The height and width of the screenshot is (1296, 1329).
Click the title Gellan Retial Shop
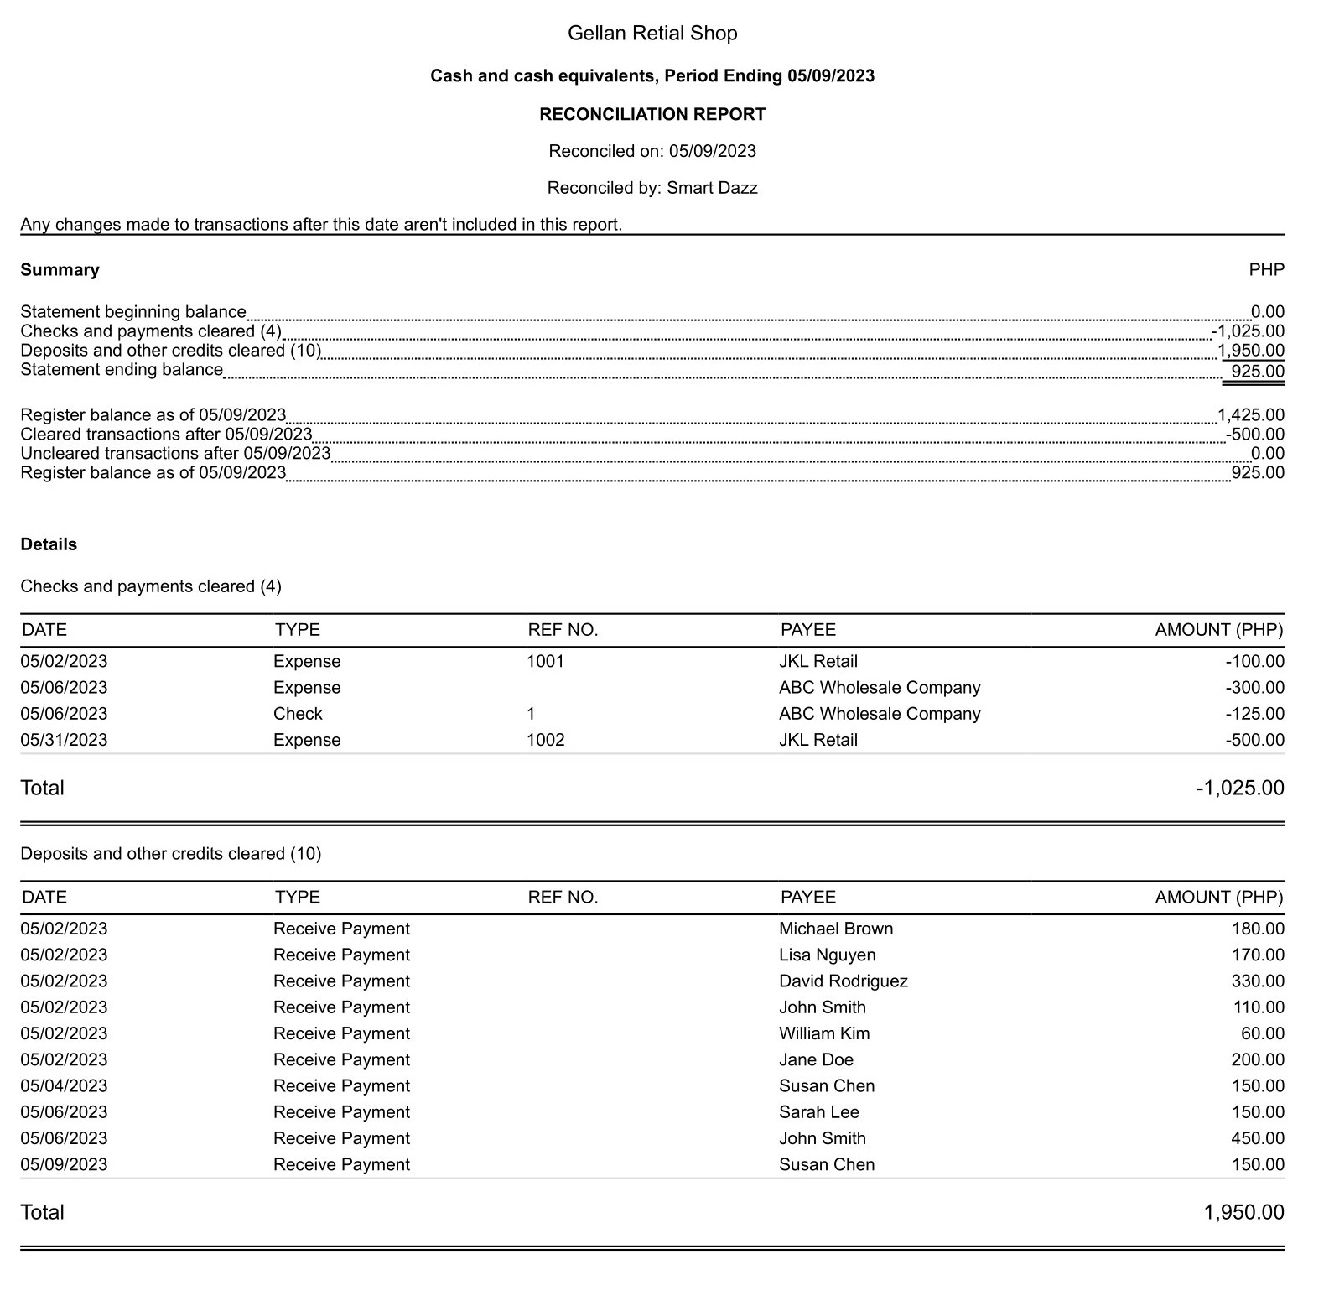point(652,34)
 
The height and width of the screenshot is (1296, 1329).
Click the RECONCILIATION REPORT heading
point(652,114)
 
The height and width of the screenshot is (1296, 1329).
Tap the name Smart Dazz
point(712,188)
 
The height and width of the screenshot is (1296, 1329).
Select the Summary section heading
point(60,270)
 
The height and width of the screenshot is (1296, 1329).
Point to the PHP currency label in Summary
point(1266,270)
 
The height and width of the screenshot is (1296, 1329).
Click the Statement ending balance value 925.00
point(1257,372)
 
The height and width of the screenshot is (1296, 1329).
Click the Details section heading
point(49,544)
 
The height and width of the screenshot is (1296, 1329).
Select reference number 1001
point(545,662)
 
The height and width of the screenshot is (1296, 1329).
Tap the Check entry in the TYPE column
point(298,714)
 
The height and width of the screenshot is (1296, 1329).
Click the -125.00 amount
point(1254,714)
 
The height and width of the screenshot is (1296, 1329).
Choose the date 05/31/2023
point(64,740)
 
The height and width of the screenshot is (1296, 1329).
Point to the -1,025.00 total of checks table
point(1239,788)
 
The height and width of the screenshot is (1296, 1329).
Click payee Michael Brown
point(836,929)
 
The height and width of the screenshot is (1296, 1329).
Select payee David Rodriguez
point(843,981)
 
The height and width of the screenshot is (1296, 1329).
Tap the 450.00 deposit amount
point(1258,1138)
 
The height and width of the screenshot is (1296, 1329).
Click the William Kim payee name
point(824,1033)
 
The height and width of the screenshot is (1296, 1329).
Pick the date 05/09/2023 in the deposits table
point(64,1164)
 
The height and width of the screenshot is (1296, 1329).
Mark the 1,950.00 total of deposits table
point(1243,1212)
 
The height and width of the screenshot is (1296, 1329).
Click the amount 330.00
point(1258,981)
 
